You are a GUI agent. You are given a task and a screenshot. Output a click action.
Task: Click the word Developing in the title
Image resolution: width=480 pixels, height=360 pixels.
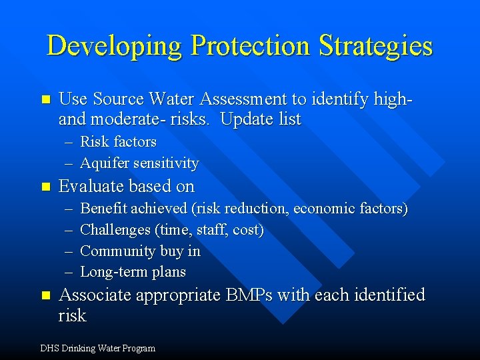pyautogui.click(x=115, y=46)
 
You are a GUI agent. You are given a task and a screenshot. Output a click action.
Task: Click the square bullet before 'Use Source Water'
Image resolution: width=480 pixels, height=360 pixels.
pyautogui.click(x=45, y=100)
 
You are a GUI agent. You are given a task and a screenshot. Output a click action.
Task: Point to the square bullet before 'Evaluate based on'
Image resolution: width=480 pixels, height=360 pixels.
pyautogui.click(x=45, y=187)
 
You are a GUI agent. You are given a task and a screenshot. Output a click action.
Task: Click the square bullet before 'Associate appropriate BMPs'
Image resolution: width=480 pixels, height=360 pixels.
pyautogui.click(x=45, y=295)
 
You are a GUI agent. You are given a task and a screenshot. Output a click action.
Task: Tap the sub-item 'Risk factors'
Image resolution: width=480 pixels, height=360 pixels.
pyautogui.click(x=118, y=141)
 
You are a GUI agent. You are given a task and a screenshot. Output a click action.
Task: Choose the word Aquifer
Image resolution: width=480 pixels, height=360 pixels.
pyautogui.click(x=105, y=163)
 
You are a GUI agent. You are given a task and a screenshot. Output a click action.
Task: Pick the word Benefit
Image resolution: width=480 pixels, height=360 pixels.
pyautogui.click(x=103, y=208)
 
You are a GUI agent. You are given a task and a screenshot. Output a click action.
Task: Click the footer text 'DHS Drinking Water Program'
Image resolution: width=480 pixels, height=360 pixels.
pyautogui.click(x=97, y=348)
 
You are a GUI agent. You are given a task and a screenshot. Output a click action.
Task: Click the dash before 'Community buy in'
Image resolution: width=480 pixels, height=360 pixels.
pyautogui.click(x=69, y=251)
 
